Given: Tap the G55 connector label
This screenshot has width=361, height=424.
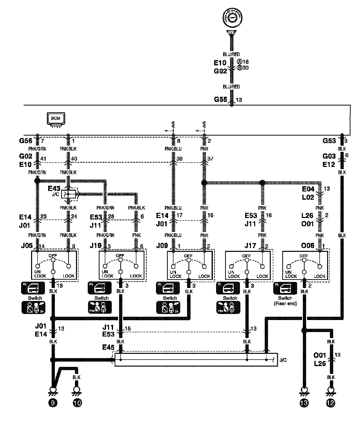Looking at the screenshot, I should tap(220, 99).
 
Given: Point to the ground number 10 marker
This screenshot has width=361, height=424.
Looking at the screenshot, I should tap(77, 403).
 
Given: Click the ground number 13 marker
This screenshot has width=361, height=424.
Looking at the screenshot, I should tap(304, 403).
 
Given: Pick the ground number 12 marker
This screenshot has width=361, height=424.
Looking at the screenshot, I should tap(331, 403).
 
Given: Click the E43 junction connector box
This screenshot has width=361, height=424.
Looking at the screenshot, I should tap(68, 194).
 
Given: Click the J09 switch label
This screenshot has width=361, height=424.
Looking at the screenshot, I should tap(162, 246).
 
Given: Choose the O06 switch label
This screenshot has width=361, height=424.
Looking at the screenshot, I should tap(308, 246).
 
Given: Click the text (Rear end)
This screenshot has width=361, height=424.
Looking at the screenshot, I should tap(286, 303).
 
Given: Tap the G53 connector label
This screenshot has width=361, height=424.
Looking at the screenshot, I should tap(329, 141).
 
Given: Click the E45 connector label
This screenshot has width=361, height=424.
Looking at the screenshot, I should tap(108, 347).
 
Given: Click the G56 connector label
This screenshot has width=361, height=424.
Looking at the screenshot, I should tap(26, 141).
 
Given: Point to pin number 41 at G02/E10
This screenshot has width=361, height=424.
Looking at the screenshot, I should tap(43, 158).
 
